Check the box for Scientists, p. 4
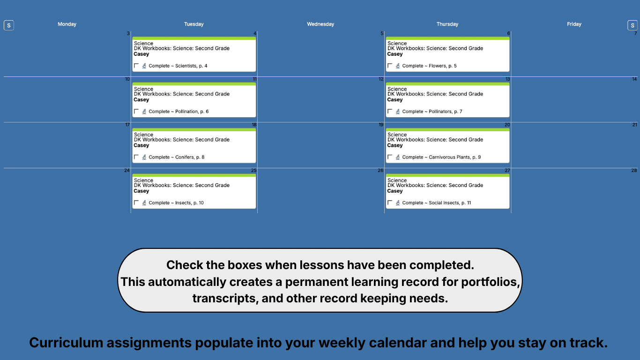click(x=136, y=66)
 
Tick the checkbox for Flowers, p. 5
click(x=390, y=66)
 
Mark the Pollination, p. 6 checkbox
click(x=136, y=112)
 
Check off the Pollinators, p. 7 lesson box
click(x=390, y=112)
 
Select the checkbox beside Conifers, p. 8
click(x=136, y=157)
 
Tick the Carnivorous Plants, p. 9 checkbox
click(x=390, y=157)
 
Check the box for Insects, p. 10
click(x=136, y=203)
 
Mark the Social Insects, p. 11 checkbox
click(x=390, y=203)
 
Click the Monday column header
click(x=67, y=24)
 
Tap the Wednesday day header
click(x=320, y=24)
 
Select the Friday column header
click(x=574, y=24)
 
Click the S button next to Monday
click(x=9, y=25)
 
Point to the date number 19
click(x=381, y=125)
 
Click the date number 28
click(x=634, y=171)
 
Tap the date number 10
click(x=127, y=79)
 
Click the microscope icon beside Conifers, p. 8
click(x=144, y=157)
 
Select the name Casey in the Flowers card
click(x=395, y=54)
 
